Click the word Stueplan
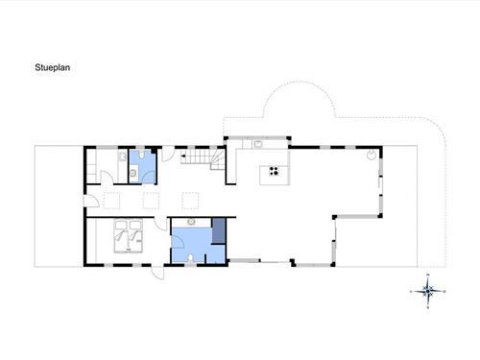pos(53,67)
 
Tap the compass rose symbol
pos(428,291)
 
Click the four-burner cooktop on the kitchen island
pos(274,171)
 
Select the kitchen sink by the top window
pos(257,144)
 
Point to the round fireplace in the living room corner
pos(372,156)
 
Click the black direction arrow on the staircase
pos(183,156)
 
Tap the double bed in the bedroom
pos(129,236)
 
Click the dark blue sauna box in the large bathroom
pos(219,230)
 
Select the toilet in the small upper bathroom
pos(141,156)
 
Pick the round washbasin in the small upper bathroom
pos(133,173)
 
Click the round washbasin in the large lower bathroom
pos(191,222)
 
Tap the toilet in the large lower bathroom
pos(190,258)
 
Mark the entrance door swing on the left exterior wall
pos(91,201)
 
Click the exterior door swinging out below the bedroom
pos(157,273)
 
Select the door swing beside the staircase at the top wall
pos(168,154)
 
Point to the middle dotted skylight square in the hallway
pos(151,201)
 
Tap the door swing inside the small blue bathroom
pos(148,178)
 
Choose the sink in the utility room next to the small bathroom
pos(123,156)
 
